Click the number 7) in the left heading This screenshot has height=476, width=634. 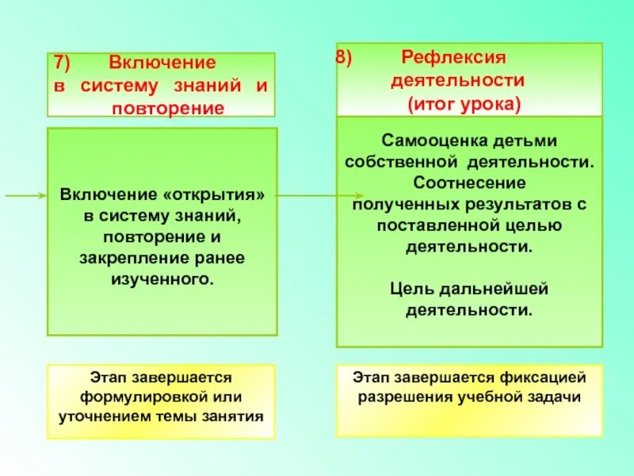[63, 63]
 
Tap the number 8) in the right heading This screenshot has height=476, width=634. [346, 59]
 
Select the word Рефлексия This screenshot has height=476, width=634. [453, 58]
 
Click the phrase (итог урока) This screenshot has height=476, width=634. [464, 104]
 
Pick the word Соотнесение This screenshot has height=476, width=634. [471, 183]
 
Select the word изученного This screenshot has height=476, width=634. [163, 279]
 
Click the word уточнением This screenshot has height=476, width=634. [108, 415]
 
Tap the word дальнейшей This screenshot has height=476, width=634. [498, 289]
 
